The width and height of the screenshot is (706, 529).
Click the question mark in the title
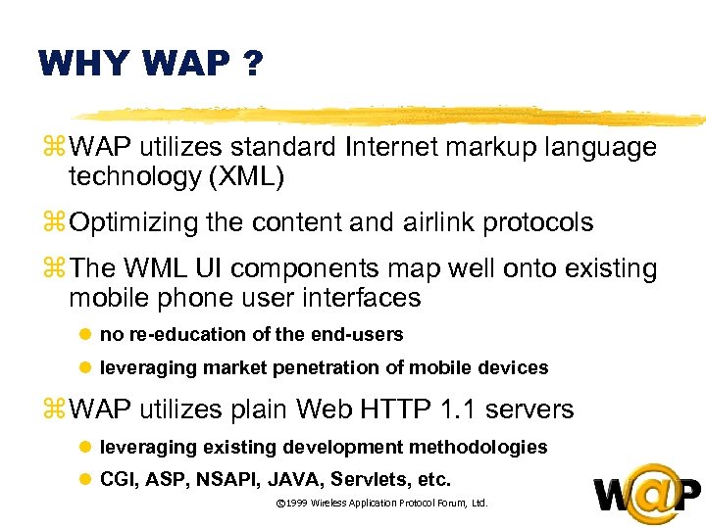pos(252,66)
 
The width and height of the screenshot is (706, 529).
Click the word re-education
pos(174,335)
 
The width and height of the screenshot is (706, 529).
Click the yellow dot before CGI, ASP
pos(84,480)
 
